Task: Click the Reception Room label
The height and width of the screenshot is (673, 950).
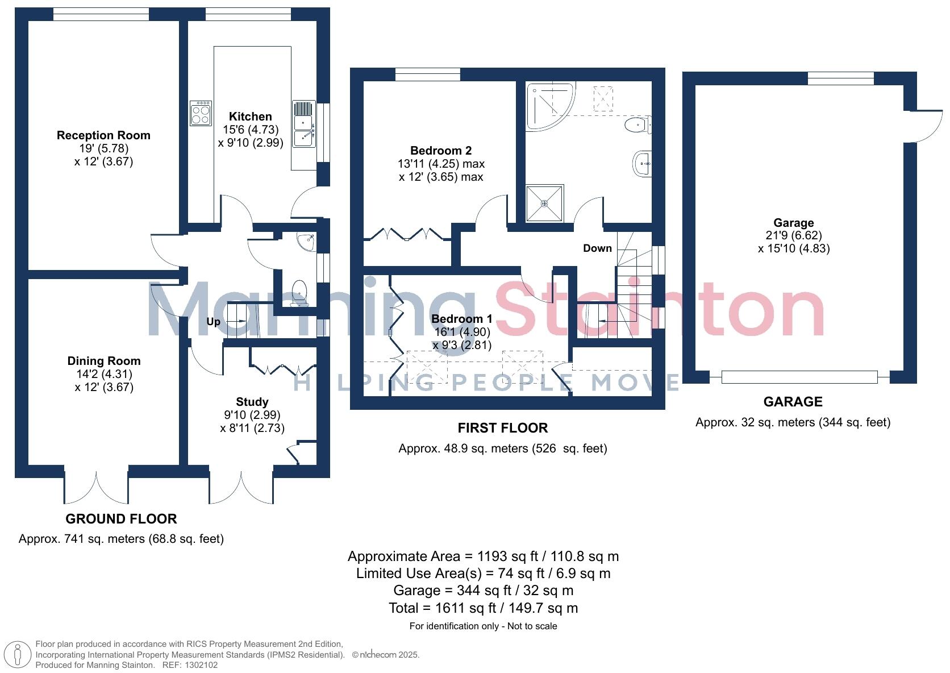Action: (x=103, y=135)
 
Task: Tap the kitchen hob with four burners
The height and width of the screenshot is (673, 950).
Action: (x=201, y=113)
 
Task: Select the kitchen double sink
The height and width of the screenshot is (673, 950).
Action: (x=304, y=131)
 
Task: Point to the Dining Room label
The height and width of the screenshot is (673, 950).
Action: (x=103, y=361)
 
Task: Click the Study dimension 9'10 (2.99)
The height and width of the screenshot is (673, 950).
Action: (x=252, y=415)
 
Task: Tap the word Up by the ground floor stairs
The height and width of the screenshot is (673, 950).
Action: (x=213, y=322)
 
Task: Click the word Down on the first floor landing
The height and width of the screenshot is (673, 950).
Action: (x=597, y=248)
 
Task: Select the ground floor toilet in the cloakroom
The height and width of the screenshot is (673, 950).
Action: (x=299, y=293)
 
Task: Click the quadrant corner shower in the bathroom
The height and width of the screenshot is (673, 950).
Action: (x=549, y=105)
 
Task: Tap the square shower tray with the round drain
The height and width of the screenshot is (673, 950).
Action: (x=544, y=203)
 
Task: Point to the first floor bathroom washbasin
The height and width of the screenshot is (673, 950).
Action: (x=642, y=164)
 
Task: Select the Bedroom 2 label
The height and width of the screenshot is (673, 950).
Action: (x=441, y=151)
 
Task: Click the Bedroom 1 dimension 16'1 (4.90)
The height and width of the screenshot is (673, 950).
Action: (x=461, y=332)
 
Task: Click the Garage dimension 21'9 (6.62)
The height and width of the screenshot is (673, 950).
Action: (x=793, y=235)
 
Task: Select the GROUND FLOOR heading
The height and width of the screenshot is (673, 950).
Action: (x=121, y=518)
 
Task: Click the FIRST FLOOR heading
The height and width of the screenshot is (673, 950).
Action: (x=503, y=428)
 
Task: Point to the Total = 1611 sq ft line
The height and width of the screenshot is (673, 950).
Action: (x=483, y=608)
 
